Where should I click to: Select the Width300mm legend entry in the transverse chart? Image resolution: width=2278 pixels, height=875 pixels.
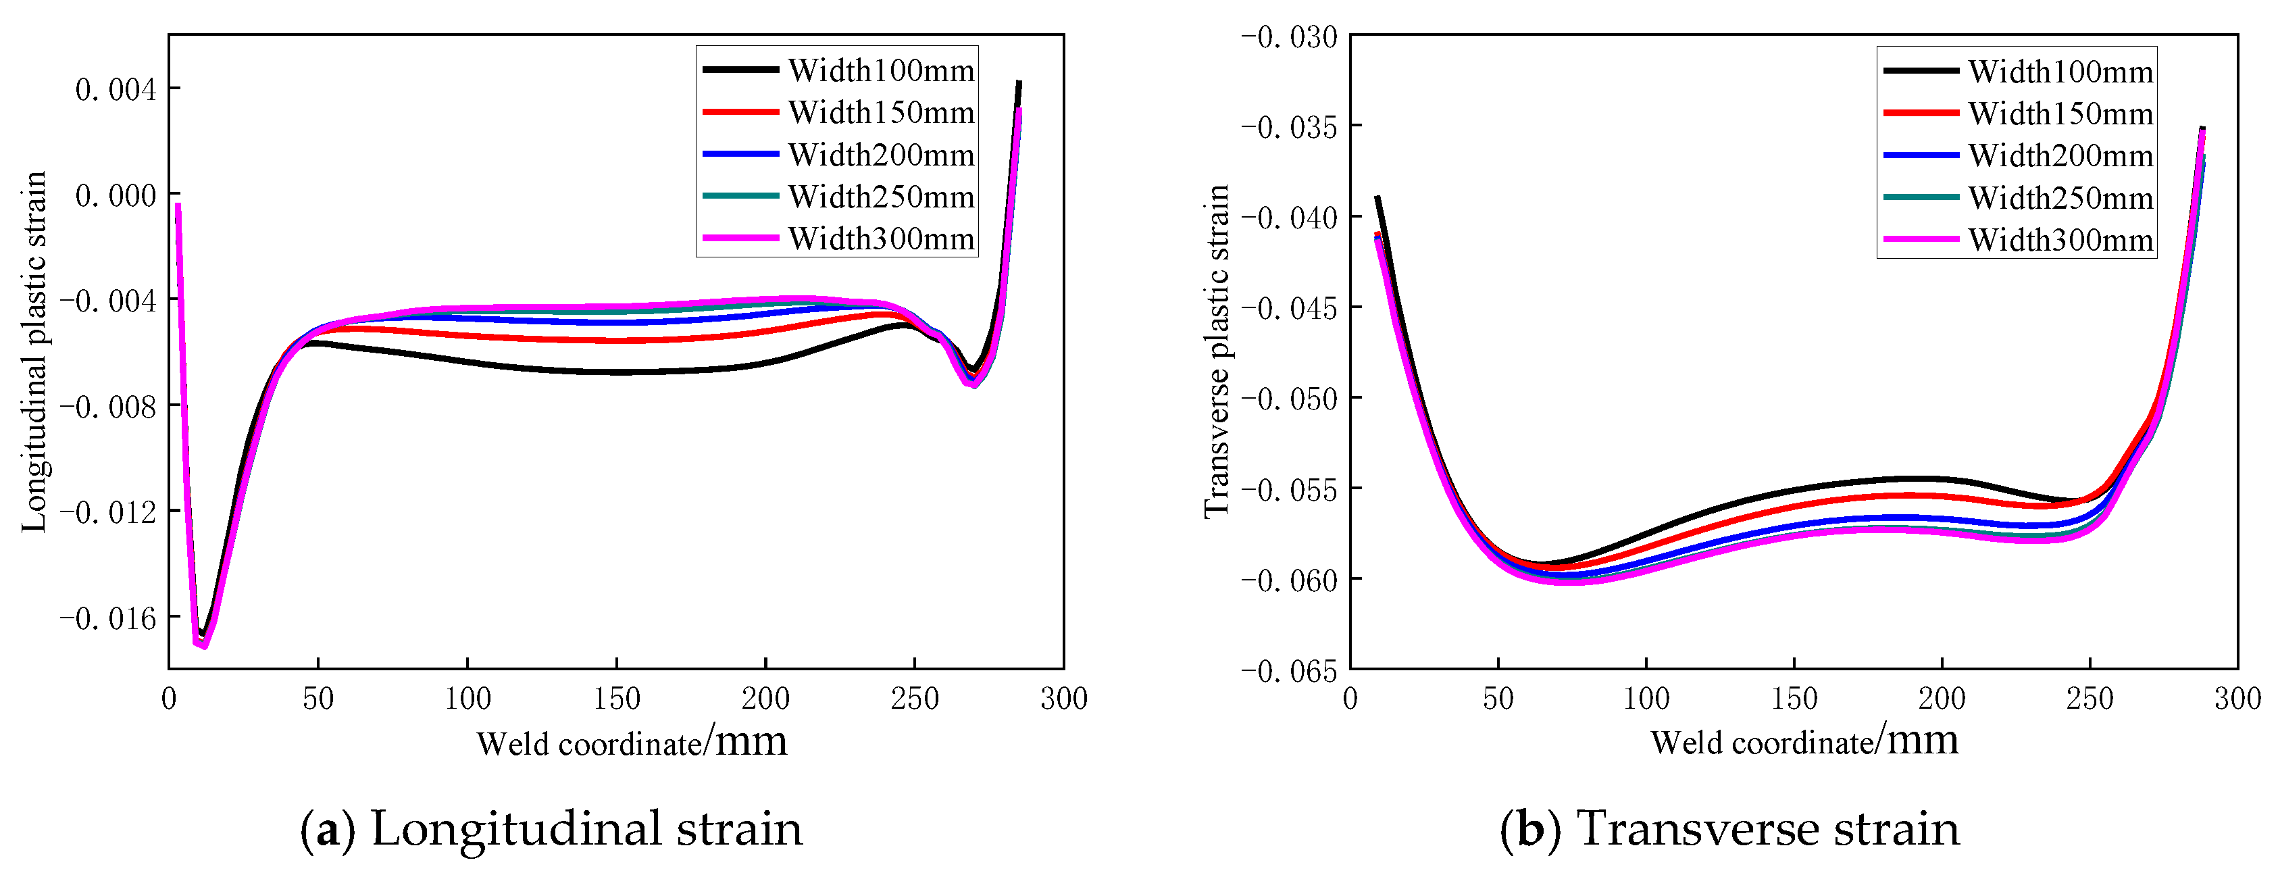pos(2060,240)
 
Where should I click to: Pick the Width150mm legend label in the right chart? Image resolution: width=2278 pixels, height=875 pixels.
pos(2060,114)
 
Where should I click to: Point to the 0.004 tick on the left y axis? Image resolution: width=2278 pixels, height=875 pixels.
pos(115,89)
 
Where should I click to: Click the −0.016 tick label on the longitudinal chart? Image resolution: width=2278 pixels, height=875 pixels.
pos(108,618)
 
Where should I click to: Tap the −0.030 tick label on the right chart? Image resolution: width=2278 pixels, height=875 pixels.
pos(1290,38)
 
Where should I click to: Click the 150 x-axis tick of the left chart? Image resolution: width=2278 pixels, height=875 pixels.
pos(616,699)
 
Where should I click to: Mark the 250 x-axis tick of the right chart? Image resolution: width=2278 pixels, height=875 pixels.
pos(2090,699)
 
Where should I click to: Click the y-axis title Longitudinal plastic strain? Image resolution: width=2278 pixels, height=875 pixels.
pos(34,352)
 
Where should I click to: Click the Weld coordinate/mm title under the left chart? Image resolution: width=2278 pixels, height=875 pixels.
pos(632,741)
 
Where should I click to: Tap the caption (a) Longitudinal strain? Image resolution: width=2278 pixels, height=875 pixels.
pos(551,829)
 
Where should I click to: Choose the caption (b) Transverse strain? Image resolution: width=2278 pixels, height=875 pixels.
pos(1729,829)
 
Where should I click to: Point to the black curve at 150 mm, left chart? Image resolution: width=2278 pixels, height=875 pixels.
pos(616,372)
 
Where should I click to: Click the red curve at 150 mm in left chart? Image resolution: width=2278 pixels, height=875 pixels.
pos(616,341)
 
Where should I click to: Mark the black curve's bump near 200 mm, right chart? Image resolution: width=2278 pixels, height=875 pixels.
pos(1928,478)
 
